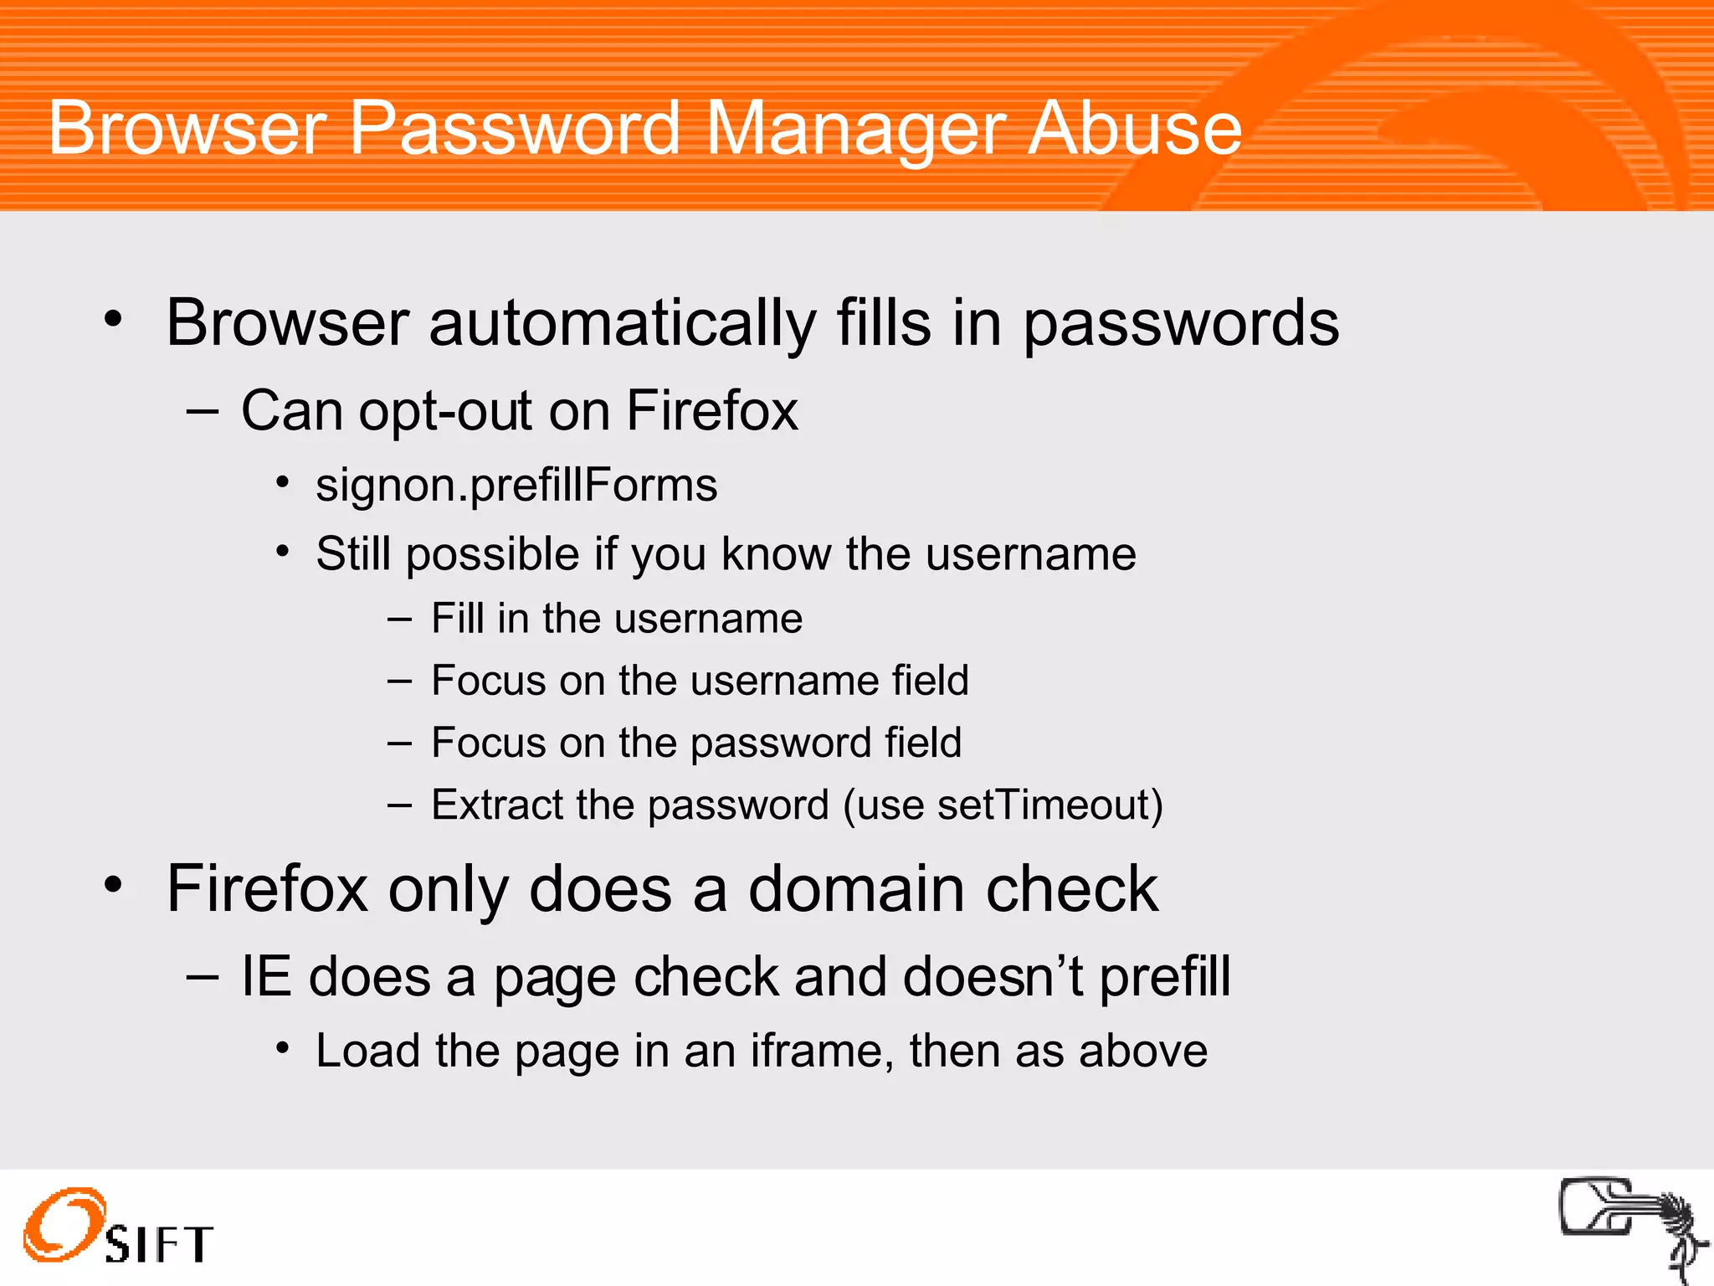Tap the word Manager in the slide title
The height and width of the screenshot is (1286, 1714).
point(855,129)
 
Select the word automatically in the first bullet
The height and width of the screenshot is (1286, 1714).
point(622,323)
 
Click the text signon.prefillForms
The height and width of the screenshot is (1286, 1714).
point(516,486)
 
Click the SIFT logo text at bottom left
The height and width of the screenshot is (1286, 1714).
point(159,1244)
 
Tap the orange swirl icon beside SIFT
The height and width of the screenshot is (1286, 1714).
point(64,1224)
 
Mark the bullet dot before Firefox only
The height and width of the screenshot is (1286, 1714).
point(114,885)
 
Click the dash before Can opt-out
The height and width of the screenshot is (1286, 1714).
point(203,411)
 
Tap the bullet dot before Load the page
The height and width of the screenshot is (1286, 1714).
point(284,1048)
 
